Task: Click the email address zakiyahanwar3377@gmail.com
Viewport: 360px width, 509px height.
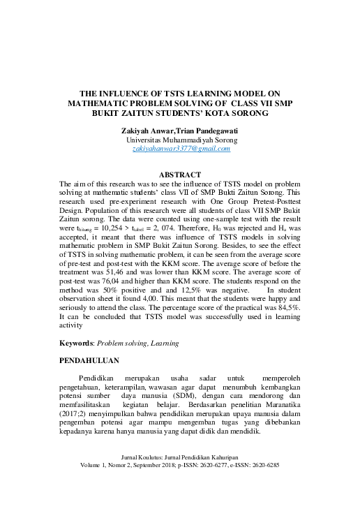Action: (181, 149)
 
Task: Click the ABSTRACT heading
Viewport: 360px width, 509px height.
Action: (180, 175)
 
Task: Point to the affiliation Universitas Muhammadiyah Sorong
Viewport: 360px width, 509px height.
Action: (181, 140)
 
